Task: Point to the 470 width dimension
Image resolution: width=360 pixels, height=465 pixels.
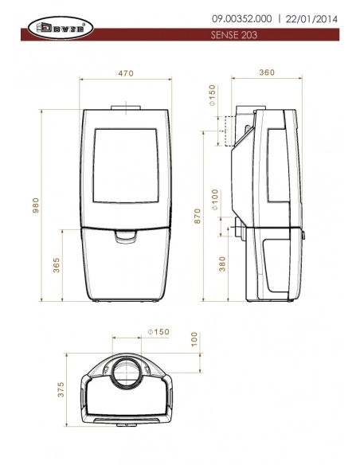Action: (x=127, y=72)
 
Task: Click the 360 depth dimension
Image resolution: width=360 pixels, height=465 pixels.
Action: (x=267, y=72)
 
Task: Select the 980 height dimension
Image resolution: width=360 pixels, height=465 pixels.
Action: (x=34, y=205)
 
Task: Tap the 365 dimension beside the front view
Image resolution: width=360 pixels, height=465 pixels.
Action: (x=56, y=265)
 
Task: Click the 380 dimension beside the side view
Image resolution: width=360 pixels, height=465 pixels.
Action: (x=221, y=264)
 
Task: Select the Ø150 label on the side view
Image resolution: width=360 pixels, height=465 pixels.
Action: (x=213, y=95)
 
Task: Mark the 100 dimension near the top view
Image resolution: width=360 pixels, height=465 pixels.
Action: (x=194, y=339)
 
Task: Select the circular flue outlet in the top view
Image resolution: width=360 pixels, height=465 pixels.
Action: (x=127, y=372)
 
